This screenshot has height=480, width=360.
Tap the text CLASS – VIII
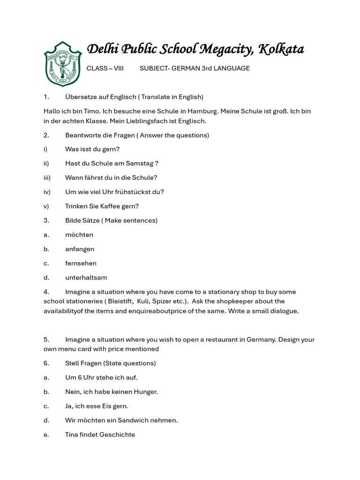click(x=105, y=68)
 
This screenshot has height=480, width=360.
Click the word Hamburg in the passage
click(x=202, y=112)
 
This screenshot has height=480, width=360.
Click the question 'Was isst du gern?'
click(x=92, y=149)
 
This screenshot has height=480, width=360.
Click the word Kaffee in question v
click(x=112, y=206)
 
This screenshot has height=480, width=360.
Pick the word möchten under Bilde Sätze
click(x=79, y=234)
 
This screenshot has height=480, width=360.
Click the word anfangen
click(x=80, y=249)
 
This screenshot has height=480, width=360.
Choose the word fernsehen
click(x=81, y=263)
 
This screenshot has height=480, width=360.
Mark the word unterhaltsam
click(x=85, y=277)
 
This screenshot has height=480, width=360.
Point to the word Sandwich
click(x=127, y=420)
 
